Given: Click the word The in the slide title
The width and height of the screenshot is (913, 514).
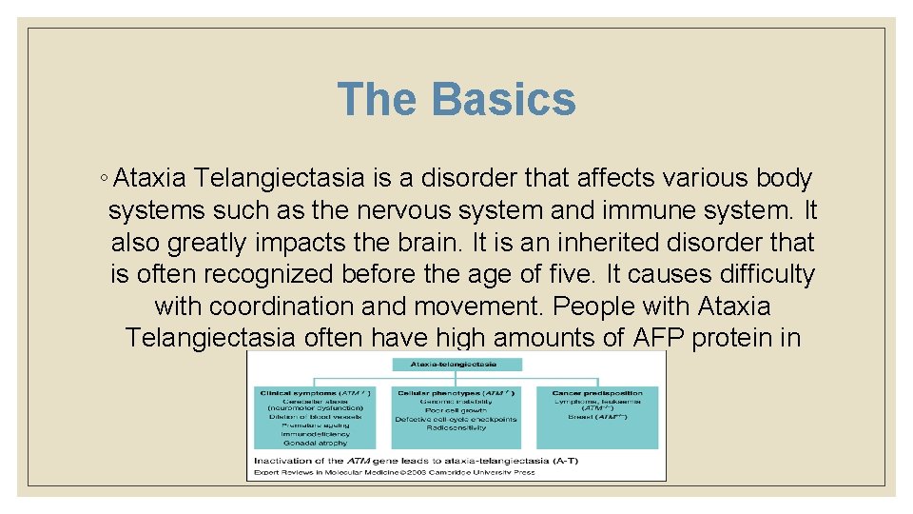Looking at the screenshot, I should coord(377,99).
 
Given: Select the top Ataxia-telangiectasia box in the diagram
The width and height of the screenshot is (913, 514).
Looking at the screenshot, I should coord(456,364).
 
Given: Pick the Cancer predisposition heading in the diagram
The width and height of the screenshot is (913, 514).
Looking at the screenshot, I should coord(598,392).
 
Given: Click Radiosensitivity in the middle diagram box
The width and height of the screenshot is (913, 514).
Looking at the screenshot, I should coord(456,427).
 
